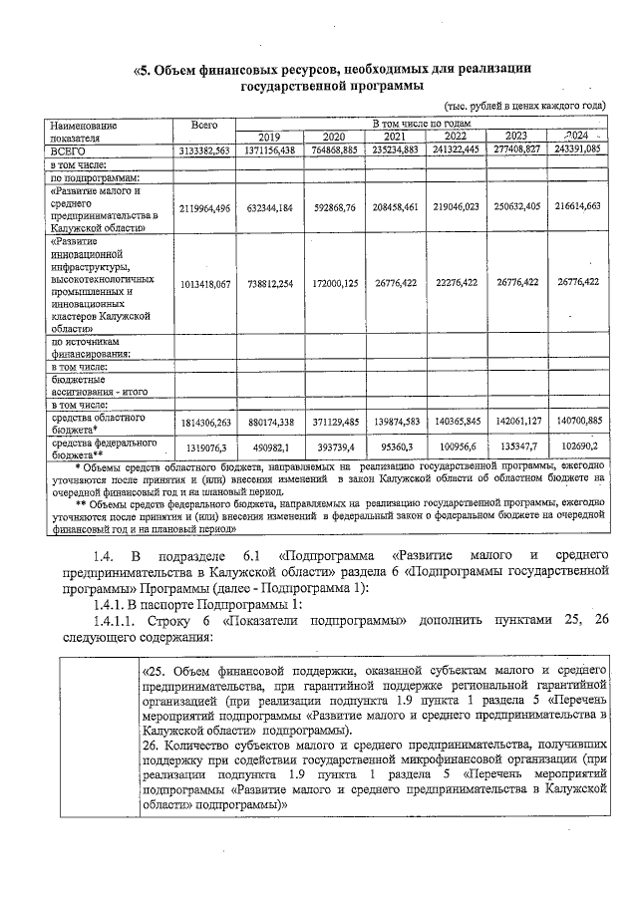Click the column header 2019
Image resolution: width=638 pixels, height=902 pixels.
269,137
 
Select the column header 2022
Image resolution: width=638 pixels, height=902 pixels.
456,137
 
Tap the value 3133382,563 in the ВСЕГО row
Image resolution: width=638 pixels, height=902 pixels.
203,150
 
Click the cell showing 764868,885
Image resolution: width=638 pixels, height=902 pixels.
331,150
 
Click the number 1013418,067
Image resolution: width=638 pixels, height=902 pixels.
203,284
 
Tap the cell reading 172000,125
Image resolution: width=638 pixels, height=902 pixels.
331,284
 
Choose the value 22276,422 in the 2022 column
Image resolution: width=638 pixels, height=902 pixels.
456,284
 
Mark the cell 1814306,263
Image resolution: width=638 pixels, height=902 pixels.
203,422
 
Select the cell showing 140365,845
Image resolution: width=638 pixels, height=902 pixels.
456,422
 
